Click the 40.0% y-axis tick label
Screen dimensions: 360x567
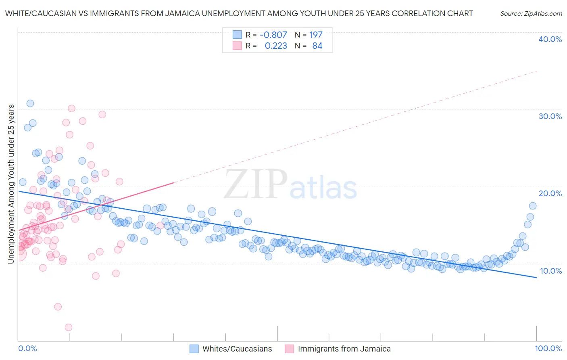click(550, 39)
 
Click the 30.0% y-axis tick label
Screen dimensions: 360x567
click(550, 116)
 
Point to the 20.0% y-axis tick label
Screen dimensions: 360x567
click(550, 193)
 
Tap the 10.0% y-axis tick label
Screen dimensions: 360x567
click(550, 271)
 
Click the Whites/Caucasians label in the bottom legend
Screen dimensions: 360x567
click(237, 349)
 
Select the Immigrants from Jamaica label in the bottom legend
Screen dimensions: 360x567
click(344, 349)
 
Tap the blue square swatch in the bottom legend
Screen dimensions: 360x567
click(194, 349)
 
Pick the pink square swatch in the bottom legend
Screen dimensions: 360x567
click(289, 349)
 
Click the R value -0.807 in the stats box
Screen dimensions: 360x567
click(273, 35)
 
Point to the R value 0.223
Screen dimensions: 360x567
click(276, 46)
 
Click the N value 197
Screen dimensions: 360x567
click(316, 35)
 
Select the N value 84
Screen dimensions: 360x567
click(317, 46)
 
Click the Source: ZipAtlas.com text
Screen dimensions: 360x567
click(531, 14)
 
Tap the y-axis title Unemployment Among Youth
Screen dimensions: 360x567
click(11, 184)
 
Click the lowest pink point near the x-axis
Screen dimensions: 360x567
click(69, 327)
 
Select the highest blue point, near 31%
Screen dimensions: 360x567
click(30, 103)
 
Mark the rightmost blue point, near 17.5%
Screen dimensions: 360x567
click(533, 206)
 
